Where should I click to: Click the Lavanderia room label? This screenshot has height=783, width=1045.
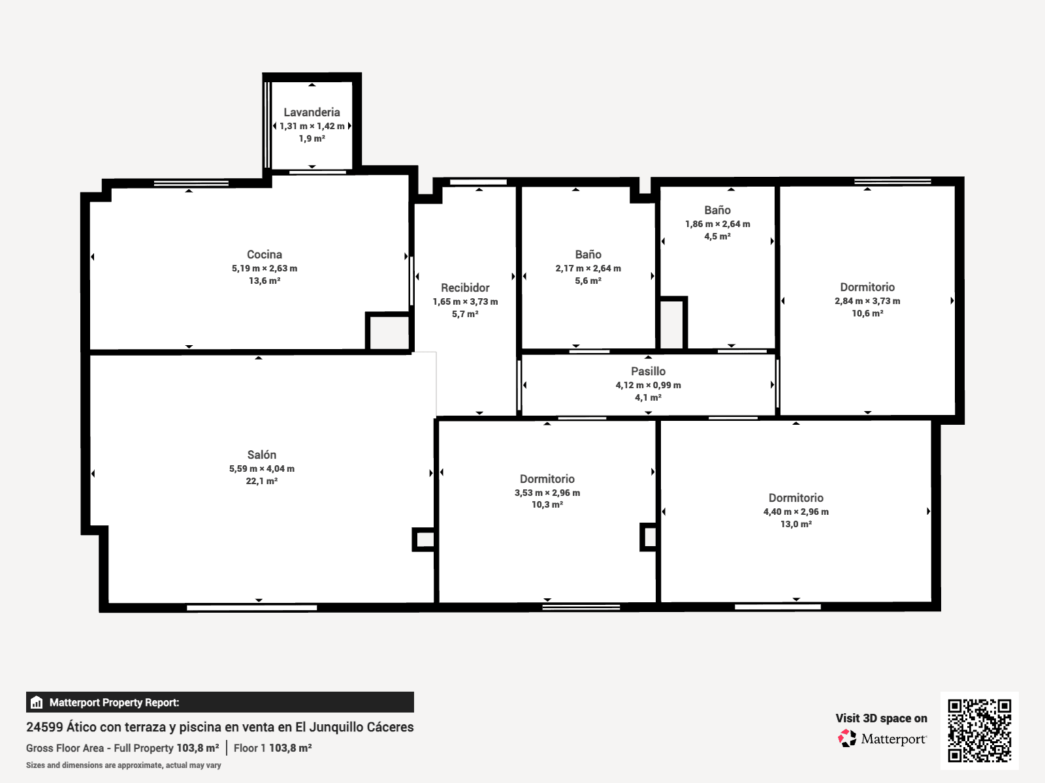click(x=312, y=112)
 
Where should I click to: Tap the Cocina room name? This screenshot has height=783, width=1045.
click(x=265, y=254)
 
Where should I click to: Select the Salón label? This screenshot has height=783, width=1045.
click(x=261, y=455)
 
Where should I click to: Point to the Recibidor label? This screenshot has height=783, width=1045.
click(x=465, y=288)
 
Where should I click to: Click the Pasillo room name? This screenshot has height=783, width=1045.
click(x=648, y=371)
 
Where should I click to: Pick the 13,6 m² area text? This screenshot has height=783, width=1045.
click(x=265, y=281)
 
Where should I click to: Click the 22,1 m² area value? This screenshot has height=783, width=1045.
click(x=261, y=481)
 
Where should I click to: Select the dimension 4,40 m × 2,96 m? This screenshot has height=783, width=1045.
click(x=796, y=512)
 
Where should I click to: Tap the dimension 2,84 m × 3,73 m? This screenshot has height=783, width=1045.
click(x=867, y=301)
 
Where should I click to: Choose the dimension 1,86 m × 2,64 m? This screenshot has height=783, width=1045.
click(x=717, y=224)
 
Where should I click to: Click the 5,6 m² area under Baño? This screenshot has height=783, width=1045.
click(x=588, y=281)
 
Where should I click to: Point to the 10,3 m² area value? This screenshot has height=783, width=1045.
click(x=547, y=504)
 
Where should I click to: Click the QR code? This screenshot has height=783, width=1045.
click(x=979, y=730)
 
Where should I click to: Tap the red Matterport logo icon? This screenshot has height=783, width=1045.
click(x=847, y=739)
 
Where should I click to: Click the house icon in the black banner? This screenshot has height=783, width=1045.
click(x=37, y=702)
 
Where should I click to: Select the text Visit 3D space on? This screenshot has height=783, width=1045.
click(x=881, y=718)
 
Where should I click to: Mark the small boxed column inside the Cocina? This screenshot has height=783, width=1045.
click(x=388, y=331)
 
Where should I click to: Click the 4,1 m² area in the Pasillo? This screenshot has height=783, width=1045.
click(x=648, y=397)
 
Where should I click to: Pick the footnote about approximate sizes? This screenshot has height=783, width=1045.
click(x=123, y=765)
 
